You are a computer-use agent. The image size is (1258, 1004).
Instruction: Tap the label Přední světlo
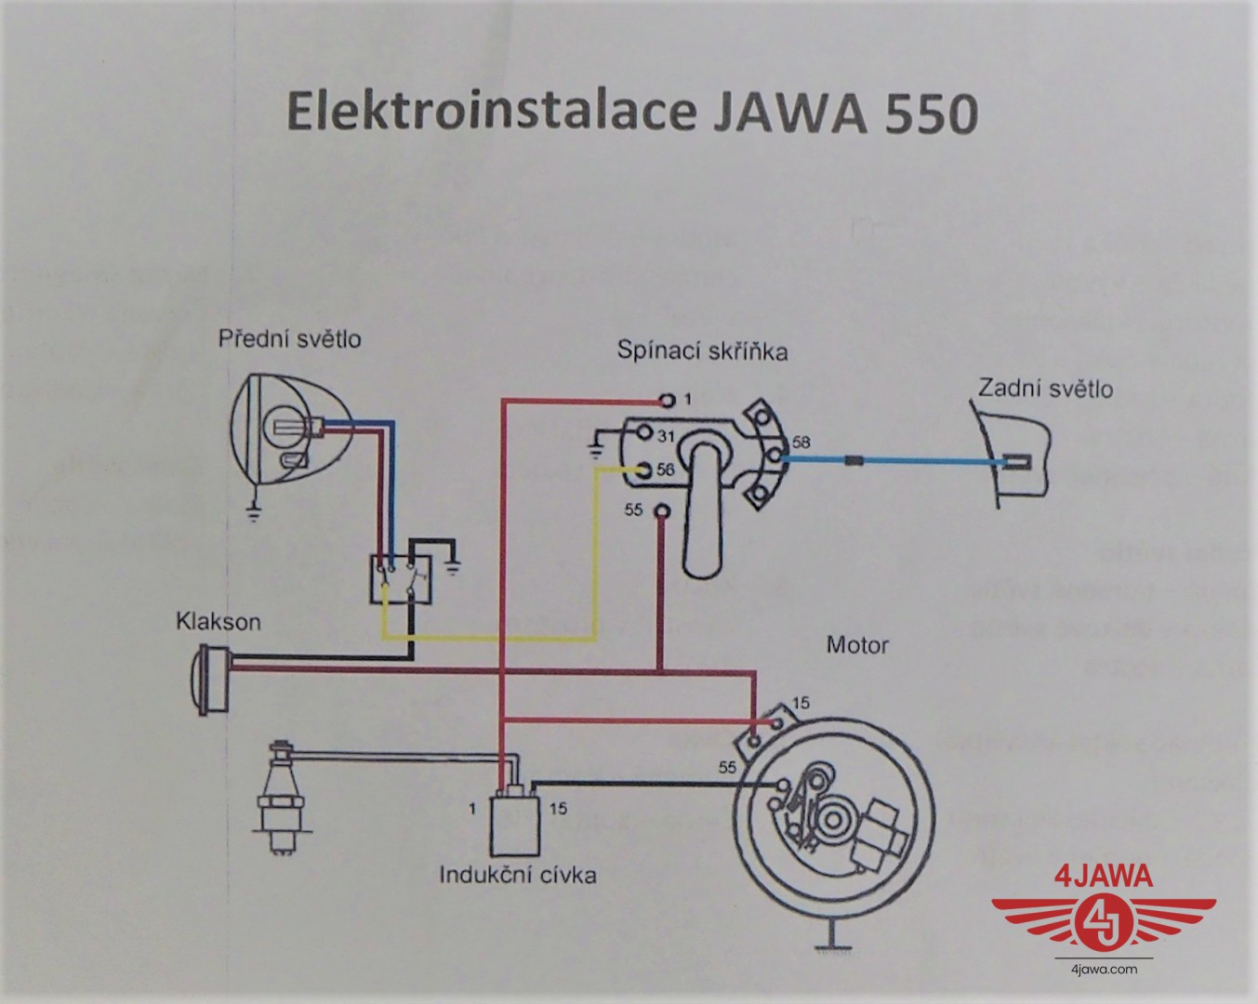point(289,338)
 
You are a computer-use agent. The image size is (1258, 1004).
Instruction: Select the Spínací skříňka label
point(702,350)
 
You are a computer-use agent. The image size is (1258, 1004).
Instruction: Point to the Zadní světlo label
point(1044,388)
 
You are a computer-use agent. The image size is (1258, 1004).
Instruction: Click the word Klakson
point(218,621)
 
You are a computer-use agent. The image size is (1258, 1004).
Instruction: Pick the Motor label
point(857,644)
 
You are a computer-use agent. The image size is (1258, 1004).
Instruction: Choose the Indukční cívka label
point(518,875)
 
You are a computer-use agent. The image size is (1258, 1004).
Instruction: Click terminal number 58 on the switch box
point(801,443)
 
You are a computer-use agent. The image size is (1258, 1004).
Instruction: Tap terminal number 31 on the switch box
point(666,436)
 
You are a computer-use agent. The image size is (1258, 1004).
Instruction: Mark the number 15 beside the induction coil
point(557,809)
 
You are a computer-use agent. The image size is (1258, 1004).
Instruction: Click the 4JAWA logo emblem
point(1104,917)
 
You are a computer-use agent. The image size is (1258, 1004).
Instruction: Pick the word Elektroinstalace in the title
point(490,112)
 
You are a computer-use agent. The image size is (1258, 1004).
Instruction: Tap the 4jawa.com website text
point(1105,970)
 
